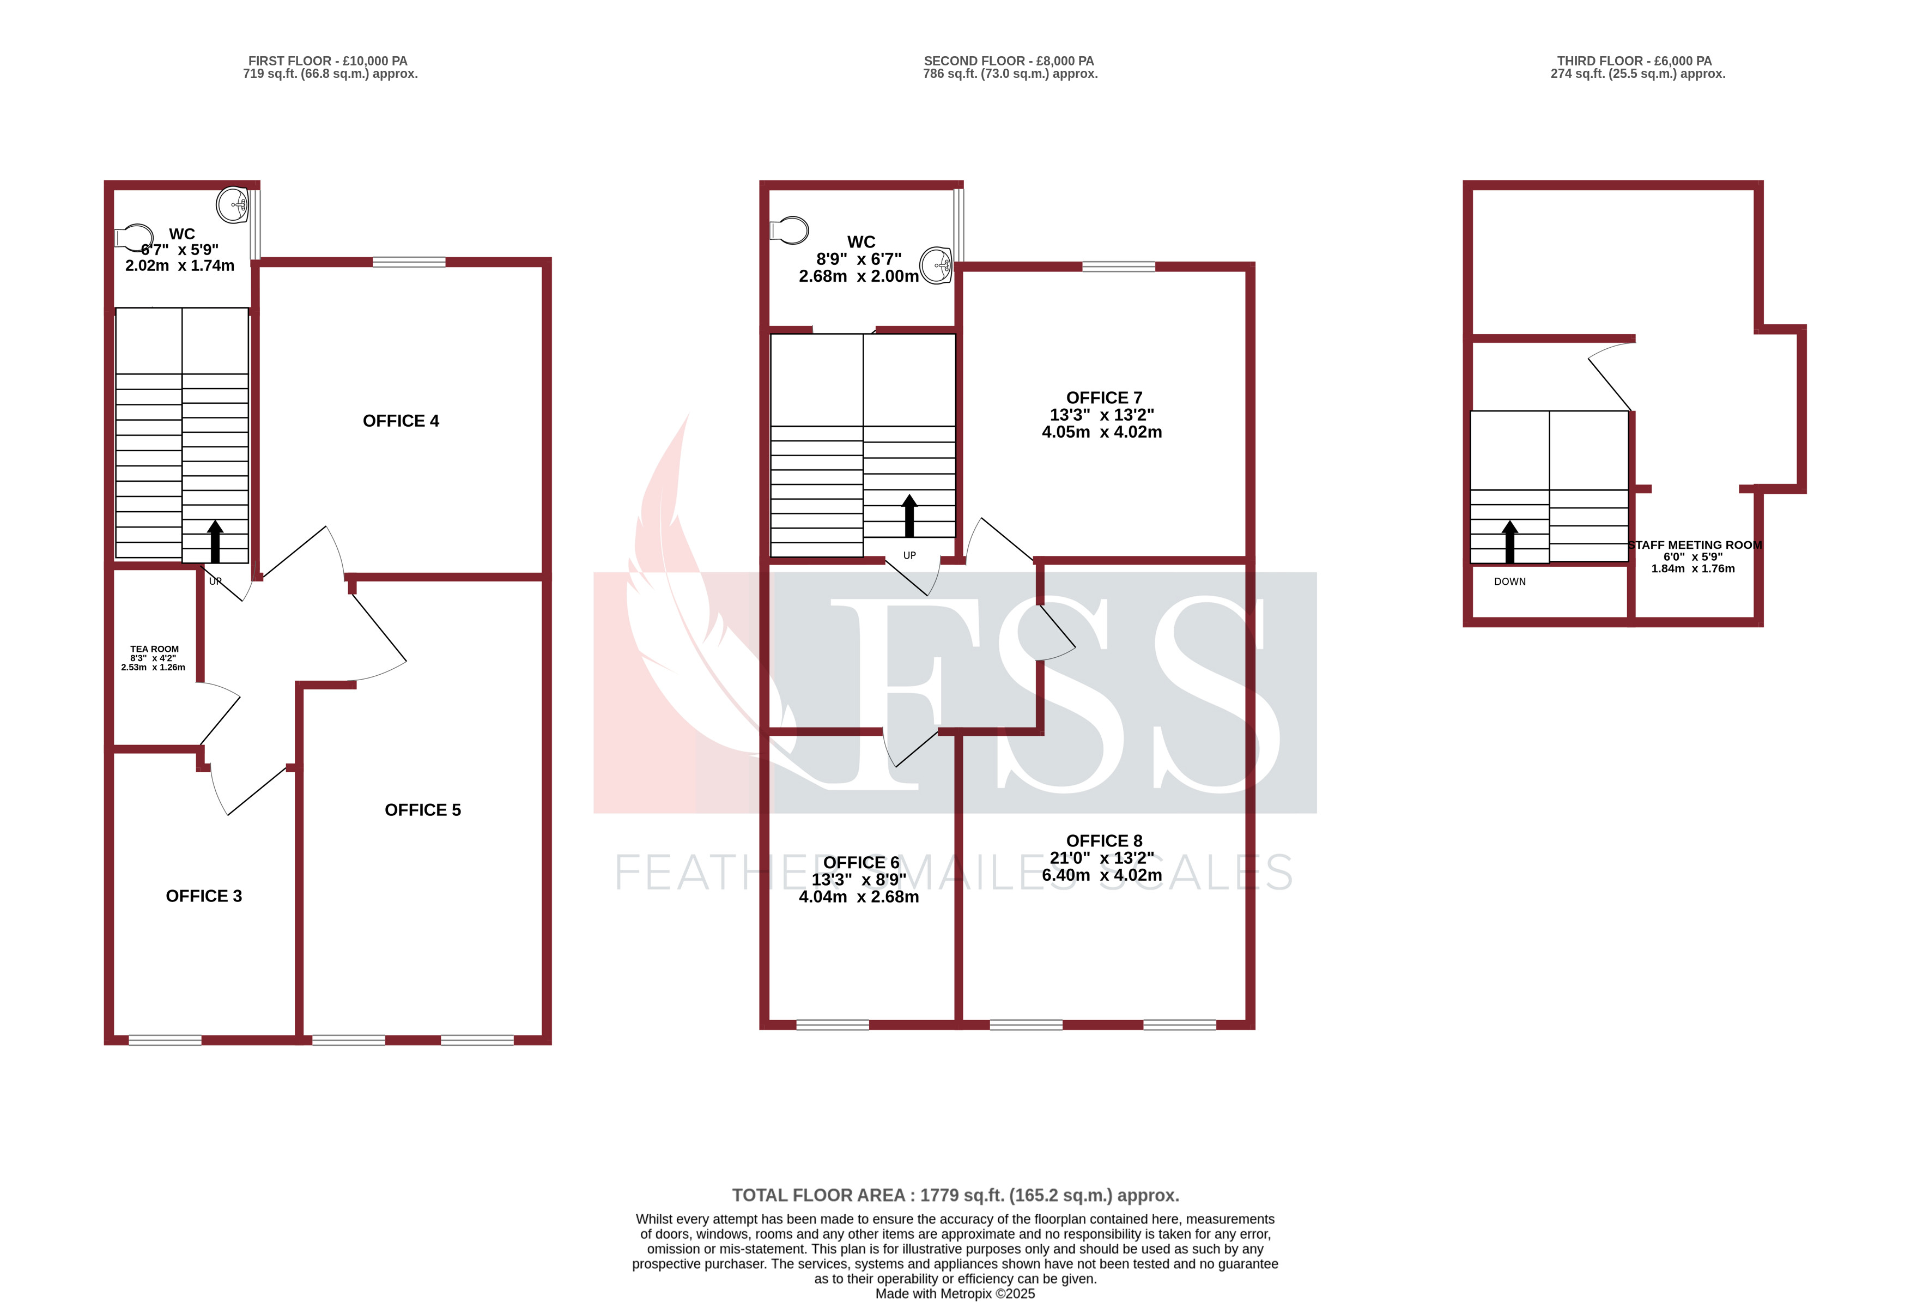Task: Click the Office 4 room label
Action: (x=401, y=421)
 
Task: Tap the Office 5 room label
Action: (x=423, y=810)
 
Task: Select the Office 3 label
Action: (x=204, y=897)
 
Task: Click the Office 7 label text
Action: (x=1103, y=398)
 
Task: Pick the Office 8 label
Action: (x=1103, y=840)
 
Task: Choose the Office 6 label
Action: (x=861, y=863)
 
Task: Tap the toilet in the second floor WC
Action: (x=790, y=231)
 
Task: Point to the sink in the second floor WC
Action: (x=936, y=265)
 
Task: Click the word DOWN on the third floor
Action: (x=1510, y=582)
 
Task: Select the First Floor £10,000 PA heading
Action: (x=327, y=61)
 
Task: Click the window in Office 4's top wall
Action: (x=409, y=262)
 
